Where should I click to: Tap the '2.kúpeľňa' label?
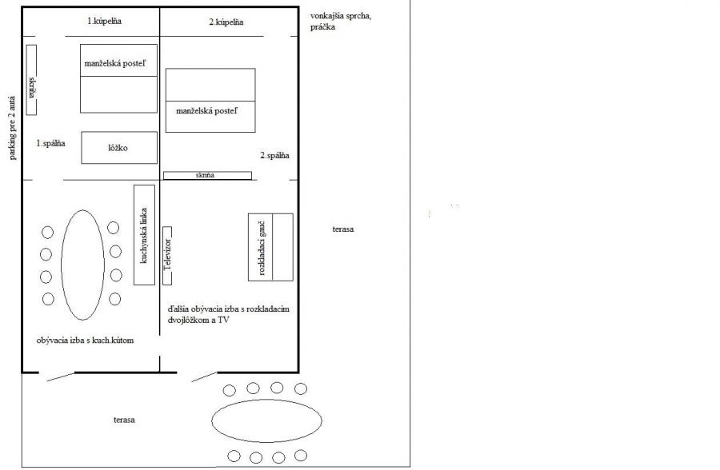click(226, 23)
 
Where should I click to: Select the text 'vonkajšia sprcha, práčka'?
click(342, 22)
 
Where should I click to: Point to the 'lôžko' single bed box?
click(118, 148)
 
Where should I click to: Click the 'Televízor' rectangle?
click(168, 255)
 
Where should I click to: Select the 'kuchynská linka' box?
click(144, 234)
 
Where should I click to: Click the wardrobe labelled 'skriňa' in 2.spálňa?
click(207, 175)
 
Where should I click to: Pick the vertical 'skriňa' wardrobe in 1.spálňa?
click(32, 79)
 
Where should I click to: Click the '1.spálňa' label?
click(50, 143)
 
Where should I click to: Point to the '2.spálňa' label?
click(274, 155)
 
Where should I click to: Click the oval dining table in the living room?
click(82, 265)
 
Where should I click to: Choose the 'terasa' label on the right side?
click(342, 229)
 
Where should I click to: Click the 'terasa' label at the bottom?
click(123, 420)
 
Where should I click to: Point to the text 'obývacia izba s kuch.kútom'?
click(85, 341)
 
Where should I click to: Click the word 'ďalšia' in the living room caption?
click(178, 308)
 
